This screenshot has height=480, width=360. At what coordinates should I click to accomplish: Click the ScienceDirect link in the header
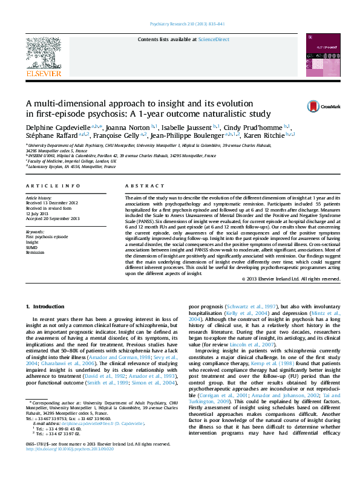coord(214,39)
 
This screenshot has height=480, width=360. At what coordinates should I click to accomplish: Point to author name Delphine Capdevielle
coord(59,128)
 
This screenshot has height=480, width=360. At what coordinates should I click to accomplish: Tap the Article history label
coord(39,198)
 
